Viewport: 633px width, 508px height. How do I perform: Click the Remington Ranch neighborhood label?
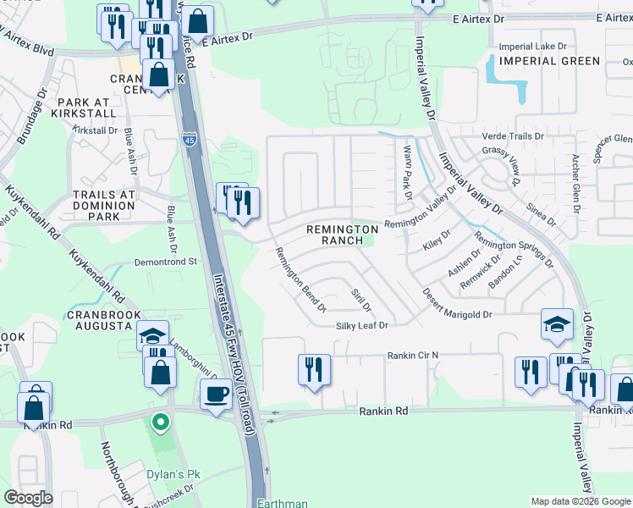click(342, 235)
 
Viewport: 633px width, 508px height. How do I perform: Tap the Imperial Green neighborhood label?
click(549, 61)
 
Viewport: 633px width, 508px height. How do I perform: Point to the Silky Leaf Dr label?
click(361, 325)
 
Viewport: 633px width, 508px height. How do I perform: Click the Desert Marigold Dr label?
click(457, 313)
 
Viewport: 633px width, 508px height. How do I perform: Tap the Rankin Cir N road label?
click(414, 355)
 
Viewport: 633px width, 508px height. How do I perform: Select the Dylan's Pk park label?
click(177, 474)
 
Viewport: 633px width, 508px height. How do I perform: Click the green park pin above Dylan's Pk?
click(159, 421)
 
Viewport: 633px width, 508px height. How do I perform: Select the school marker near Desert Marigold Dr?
click(558, 324)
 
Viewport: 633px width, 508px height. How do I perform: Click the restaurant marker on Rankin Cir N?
click(314, 369)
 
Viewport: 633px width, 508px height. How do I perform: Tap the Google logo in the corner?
click(28, 498)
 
